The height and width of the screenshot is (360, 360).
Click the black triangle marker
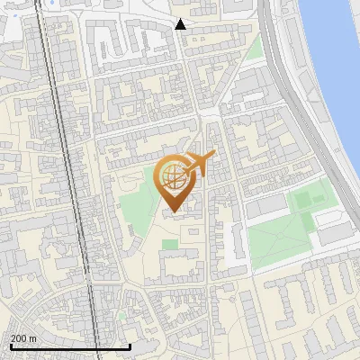[x=181, y=24]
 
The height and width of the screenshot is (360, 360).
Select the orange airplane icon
[x=201, y=163]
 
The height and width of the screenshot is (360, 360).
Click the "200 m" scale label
[x=22, y=338]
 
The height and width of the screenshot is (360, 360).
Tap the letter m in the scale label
[x=32, y=338]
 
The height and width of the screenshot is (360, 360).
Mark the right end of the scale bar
[x=130, y=345]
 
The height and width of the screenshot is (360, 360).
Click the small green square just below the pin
[x=169, y=244]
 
